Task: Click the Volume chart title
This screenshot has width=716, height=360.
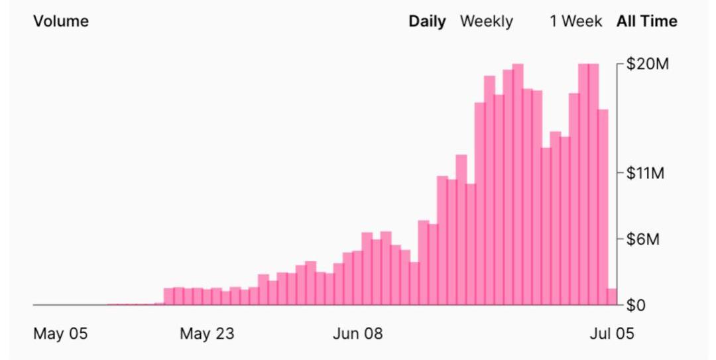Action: pos(60,21)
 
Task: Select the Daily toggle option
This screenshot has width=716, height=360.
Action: pos(427,21)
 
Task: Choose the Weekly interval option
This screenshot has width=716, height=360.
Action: pos(486,21)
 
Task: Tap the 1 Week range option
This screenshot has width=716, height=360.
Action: pos(575,21)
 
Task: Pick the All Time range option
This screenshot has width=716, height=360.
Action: pos(646,21)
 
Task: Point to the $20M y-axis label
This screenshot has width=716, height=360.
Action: pos(648,64)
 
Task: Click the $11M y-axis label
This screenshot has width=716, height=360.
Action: pos(646,174)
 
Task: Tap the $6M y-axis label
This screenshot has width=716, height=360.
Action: pos(644,239)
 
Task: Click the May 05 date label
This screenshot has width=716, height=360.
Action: pos(60,333)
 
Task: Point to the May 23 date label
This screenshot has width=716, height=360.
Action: pos(207,333)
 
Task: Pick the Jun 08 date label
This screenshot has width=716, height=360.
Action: pos(357,333)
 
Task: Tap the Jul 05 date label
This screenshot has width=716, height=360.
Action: pos(611,333)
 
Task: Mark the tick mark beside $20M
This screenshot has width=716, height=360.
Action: pos(621,64)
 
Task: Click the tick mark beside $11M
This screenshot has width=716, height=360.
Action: pos(621,174)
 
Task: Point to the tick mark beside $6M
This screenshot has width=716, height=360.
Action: pos(621,239)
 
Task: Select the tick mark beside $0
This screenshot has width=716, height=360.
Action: pos(621,305)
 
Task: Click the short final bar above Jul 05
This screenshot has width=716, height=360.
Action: pos(612,297)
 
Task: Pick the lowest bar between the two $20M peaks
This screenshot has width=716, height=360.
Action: pos(546,226)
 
